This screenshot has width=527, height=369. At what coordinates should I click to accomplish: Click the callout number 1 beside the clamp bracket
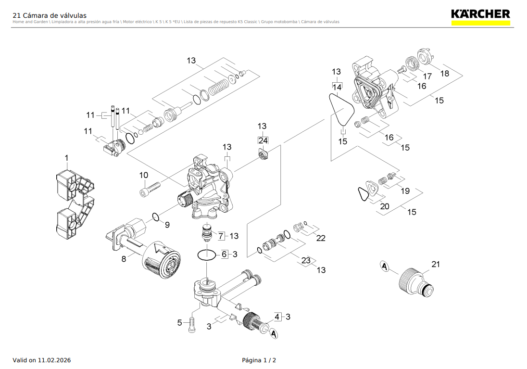click(x=67, y=158)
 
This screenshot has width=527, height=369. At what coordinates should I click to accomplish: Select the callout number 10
click(x=144, y=175)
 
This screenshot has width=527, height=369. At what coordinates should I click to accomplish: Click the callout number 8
click(x=124, y=259)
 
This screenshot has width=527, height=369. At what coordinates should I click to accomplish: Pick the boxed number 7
click(x=221, y=236)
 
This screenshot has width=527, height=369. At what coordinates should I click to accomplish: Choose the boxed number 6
click(x=224, y=254)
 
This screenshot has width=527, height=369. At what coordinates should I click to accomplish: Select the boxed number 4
click(x=277, y=317)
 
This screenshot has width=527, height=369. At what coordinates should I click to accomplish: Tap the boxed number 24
click(x=263, y=140)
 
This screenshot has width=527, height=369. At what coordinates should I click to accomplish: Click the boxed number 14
click(x=337, y=87)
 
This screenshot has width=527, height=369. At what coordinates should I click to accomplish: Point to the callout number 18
click(x=445, y=73)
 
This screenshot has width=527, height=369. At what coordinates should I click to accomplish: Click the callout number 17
click(x=427, y=76)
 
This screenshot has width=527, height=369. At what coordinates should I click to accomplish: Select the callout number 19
click(x=405, y=191)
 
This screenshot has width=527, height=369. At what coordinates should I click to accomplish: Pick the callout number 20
click(x=385, y=206)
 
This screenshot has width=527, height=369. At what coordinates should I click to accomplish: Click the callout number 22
click(x=321, y=238)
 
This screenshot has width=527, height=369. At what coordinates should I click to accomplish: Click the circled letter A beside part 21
click(x=384, y=266)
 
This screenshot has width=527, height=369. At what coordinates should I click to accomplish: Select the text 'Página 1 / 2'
click(x=259, y=360)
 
